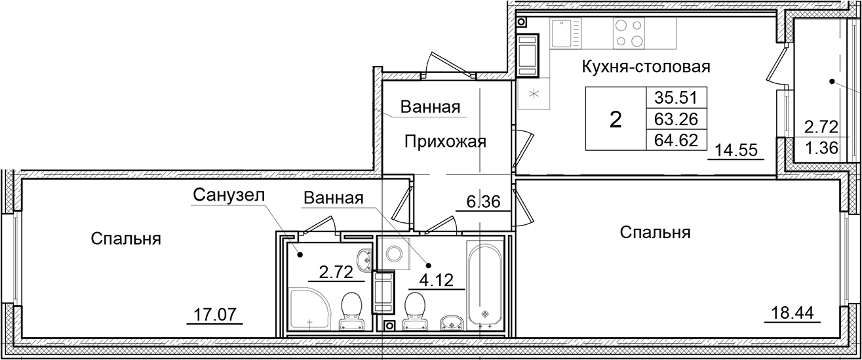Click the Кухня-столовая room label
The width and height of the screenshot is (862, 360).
pyautogui.click(x=646, y=66)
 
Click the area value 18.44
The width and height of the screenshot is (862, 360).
pyautogui.click(x=792, y=313)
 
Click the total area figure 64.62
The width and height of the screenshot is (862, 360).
pyautogui.click(x=676, y=139)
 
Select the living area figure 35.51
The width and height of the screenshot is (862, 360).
pyautogui.click(x=676, y=98)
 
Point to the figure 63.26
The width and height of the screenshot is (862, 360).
pyautogui.click(x=676, y=119)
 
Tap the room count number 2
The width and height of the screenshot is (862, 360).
pyautogui.click(x=616, y=119)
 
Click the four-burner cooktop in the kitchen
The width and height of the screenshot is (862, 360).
pyautogui.click(x=629, y=33)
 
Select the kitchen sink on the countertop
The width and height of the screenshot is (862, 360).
pyautogui.click(x=563, y=33)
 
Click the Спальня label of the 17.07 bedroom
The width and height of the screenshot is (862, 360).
pyautogui.click(x=126, y=239)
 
